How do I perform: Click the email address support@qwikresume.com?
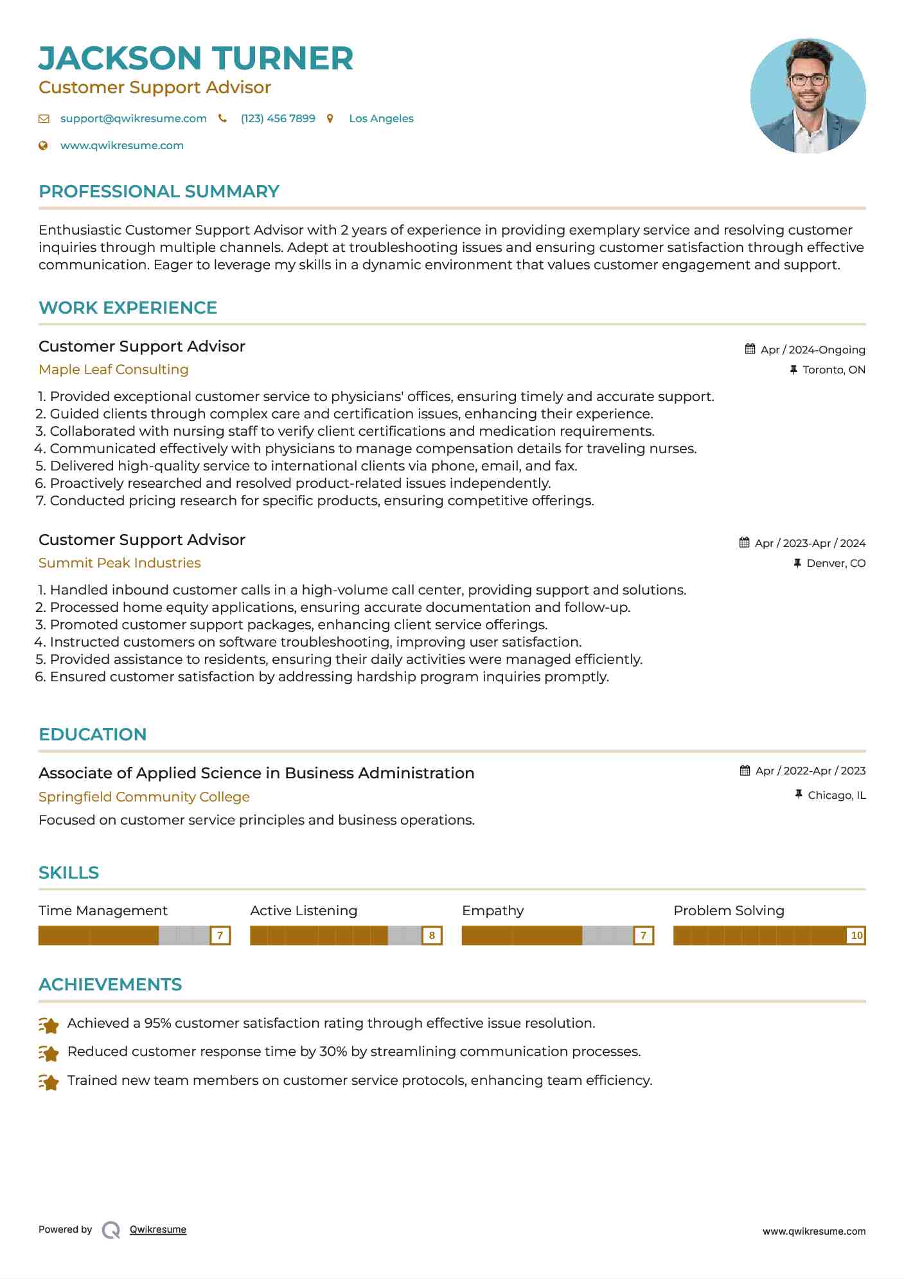133,118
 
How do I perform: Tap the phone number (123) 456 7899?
278,118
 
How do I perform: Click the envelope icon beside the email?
44,118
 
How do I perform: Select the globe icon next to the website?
43,146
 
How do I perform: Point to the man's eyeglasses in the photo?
808,80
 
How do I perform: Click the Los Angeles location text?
381,118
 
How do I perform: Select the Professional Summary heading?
159,192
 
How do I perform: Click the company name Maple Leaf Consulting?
113,370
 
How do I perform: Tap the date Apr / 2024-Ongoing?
812,350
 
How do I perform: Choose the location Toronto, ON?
833,370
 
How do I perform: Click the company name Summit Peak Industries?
120,563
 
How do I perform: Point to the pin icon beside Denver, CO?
797,563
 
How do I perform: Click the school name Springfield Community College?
144,797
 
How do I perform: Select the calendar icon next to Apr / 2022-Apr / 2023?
745,771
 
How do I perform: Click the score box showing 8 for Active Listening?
432,936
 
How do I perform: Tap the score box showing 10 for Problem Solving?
856,936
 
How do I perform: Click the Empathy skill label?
493,911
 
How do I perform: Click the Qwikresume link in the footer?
158,1230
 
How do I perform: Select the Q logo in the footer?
111,1230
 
